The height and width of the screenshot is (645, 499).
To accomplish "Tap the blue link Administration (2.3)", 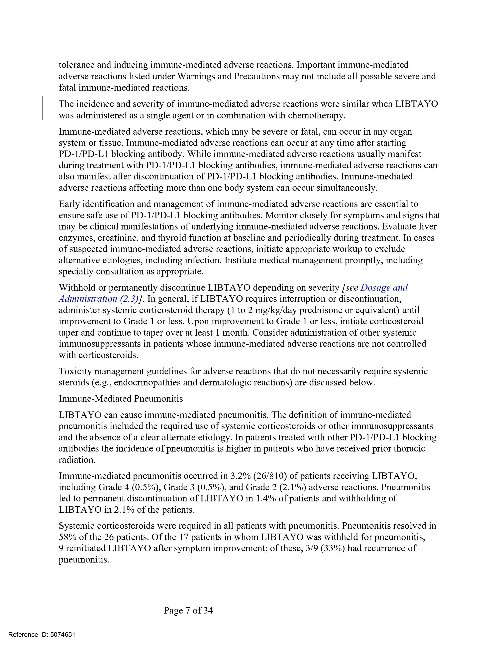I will pyautogui.click(x=99, y=299).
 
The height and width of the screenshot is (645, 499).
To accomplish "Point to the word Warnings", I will pyautogui.click(x=196, y=76).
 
